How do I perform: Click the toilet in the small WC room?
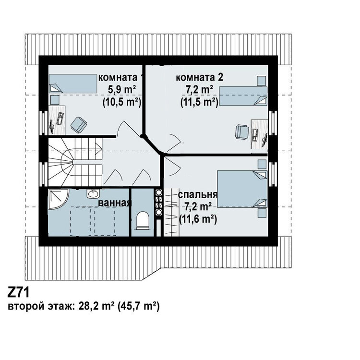point(143,221)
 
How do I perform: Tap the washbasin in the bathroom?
point(93,193)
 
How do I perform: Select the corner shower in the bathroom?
point(58,199)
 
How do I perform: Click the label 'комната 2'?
point(199,78)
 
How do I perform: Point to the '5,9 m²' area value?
point(122,90)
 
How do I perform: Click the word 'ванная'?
point(115,203)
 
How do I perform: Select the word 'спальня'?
point(197,195)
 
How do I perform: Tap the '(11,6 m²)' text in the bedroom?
point(198,219)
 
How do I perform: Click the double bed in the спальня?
point(242,189)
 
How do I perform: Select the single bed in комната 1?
point(73,84)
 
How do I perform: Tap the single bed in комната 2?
point(243,96)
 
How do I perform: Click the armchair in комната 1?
point(79,125)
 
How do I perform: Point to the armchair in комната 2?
point(242,132)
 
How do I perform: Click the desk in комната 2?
point(259,134)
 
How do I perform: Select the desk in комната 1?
point(57,120)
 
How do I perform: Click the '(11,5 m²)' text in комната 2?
point(199,102)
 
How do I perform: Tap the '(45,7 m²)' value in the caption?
point(138,306)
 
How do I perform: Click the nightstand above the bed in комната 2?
point(261,81)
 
